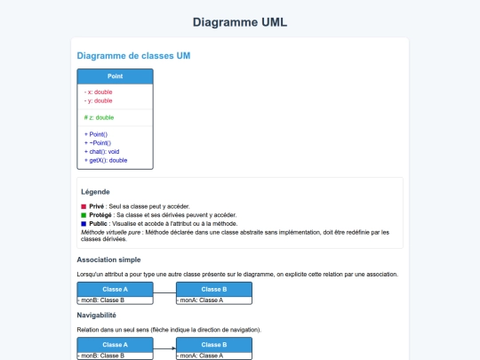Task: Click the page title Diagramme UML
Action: pyautogui.click(x=240, y=22)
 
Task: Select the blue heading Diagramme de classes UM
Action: pyautogui.click(x=133, y=56)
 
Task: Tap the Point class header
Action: pyautogui.click(x=115, y=76)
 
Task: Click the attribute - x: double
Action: pyautogui.click(x=98, y=92)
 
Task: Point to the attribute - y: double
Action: pyautogui.click(x=98, y=100)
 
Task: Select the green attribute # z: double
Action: pyautogui.click(x=99, y=117)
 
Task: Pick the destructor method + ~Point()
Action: pyautogui.click(x=99, y=142)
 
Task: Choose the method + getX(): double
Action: pyautogui.click(x=106, y=160)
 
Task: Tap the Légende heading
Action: pyautogui.click(x=95, y=192)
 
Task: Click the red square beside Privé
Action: pyautogui.click(x=84, y=206)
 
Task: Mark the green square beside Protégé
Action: pyautogui.click(x=84, y=215)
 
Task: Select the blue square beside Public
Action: pyautogui.click(x=84, y=224)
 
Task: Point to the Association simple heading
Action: pyautogui.click(x=108, y=260)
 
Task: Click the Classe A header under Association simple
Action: pyautogui.click(x=115, y=289)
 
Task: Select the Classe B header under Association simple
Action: pyautogui.click(x=214, y=289)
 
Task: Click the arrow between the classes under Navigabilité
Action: pyautogui.click(x=165, y=348)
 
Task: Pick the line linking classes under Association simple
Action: pyautogui.click(x=164, y=293)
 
